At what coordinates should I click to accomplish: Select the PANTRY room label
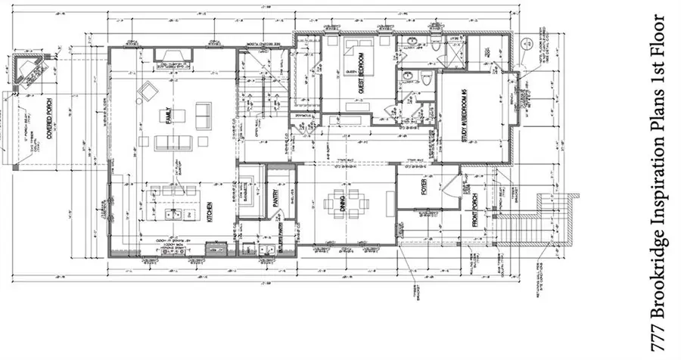pyautogui.click(x=277, y=197)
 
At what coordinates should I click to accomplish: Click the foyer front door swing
pyautogui.click(x=452, y=183)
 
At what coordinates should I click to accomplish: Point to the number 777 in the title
pyautogui.click(x=661, y=330)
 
